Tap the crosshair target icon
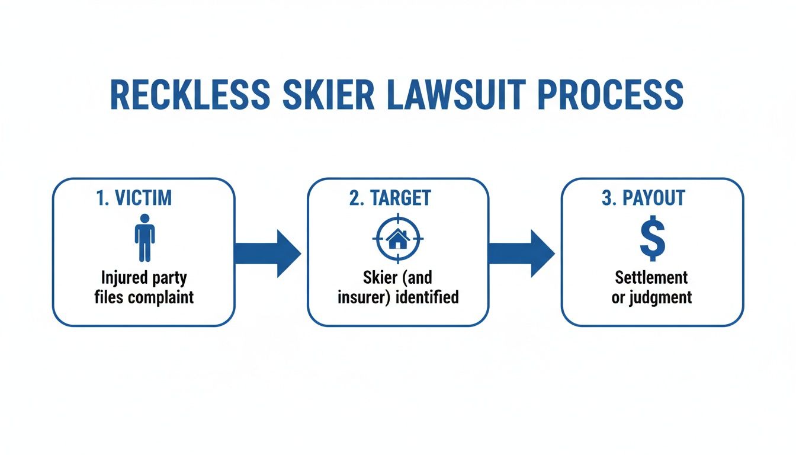tap(397, 239)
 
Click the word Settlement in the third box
tap(651, 277)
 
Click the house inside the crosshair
tap(397, 239)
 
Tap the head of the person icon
tap(145, 219)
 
